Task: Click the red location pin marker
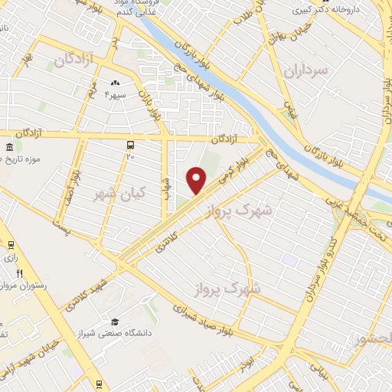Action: click(197, 180)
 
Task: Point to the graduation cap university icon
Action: click(115, 322)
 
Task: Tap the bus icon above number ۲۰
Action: click(130, 144)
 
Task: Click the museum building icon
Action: click(8, 147)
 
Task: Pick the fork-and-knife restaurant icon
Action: click(20, 273)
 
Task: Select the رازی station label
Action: click(11, 258)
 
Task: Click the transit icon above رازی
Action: click(11, 245)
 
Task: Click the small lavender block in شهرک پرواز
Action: click(289, 260)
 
